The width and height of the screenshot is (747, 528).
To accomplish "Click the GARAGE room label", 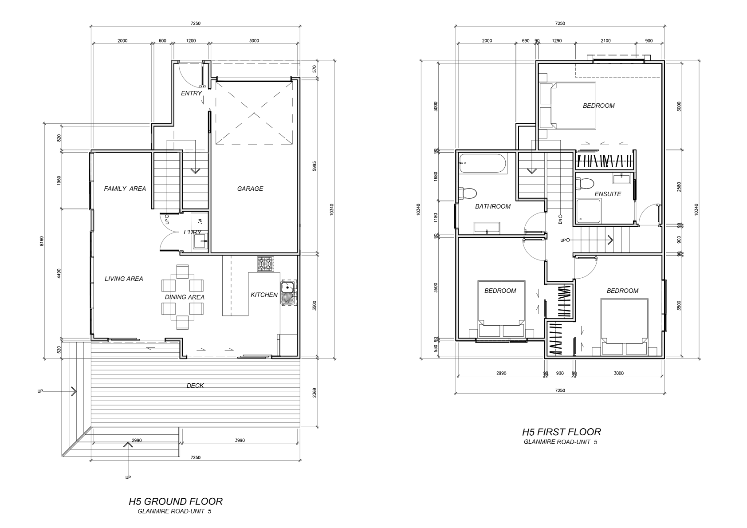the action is (250, 189).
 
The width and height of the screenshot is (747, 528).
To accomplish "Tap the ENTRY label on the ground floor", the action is (192, 93).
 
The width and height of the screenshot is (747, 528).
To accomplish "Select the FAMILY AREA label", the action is (125, 189).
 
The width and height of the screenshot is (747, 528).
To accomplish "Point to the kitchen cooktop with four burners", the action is (265, 264).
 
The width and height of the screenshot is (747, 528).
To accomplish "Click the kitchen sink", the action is (288, 292).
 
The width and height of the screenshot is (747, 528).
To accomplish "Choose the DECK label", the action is (195, 386).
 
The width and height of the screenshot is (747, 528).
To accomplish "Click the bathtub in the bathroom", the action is (483, 163).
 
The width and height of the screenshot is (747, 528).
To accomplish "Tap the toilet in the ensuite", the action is (585, 184).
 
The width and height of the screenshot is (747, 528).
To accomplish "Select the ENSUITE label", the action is (608, 194).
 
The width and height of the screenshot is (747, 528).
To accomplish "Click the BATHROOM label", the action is (492, 206).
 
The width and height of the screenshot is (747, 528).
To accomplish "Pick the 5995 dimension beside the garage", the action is (314, 166).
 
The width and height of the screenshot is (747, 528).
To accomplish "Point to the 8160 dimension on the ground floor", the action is (42, 241).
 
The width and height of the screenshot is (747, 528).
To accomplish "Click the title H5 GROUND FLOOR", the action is (176, 502).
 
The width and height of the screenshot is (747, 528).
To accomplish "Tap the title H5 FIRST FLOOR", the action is (562, 432).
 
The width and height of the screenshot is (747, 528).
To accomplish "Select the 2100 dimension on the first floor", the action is (605, 41).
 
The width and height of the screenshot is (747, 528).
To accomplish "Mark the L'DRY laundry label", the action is (193, 232).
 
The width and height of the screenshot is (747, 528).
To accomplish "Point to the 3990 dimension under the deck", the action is (240, 440).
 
